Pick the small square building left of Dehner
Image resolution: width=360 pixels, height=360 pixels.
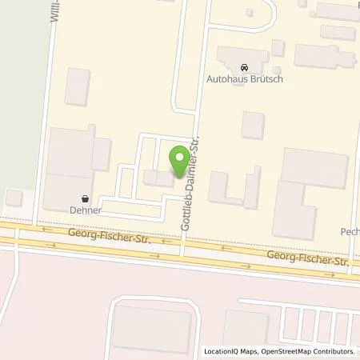[14, 198]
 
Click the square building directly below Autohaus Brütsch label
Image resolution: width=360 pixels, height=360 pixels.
[253, 124]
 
